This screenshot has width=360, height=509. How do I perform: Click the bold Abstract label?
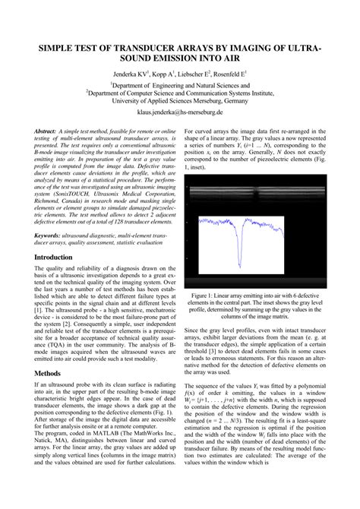(x=49, y=131)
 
